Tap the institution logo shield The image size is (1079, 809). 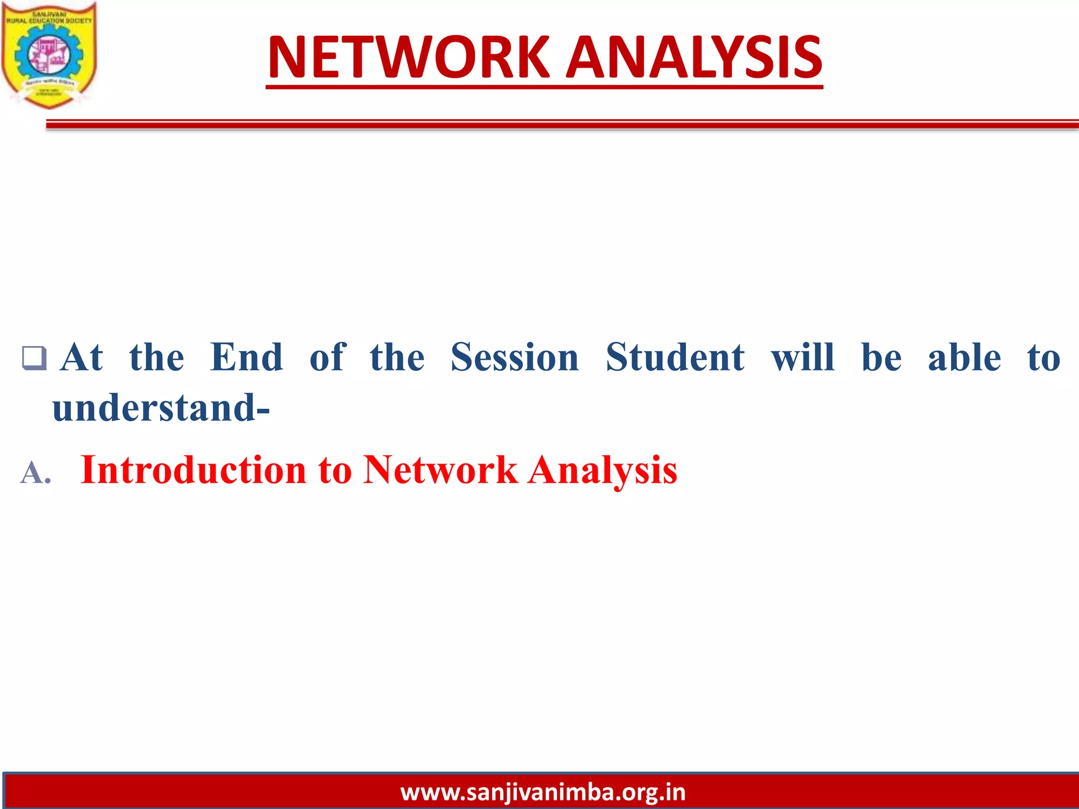[x=49, y=55]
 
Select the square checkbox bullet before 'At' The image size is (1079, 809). [x=34, y=358]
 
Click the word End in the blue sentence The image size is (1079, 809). [x=246, y=358]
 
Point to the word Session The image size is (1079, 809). [x=515, y=358]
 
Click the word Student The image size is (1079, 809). [x=675, y=358]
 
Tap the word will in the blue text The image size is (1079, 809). [x=803, y=358]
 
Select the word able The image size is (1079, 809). [x=964, y=358]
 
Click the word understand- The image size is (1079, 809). [x=161, y=408]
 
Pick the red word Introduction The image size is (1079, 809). [x=193, y=470]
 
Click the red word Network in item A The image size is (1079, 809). [x=440, y=470]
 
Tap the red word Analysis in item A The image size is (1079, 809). [x=602, y=470]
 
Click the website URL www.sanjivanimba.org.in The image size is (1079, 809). [x=543, y=792]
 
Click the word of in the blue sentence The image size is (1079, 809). [x=327, y=358]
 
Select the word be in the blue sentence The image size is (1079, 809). [x=881, y=358]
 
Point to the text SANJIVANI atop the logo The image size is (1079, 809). [x=50, y=14]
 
